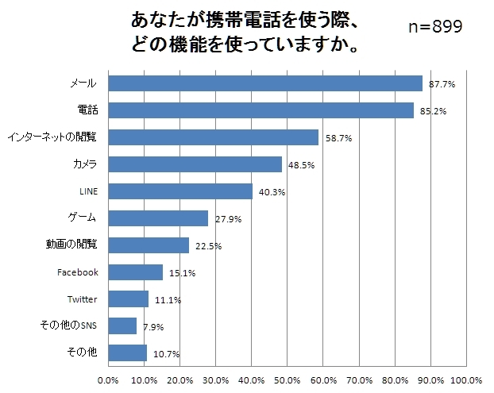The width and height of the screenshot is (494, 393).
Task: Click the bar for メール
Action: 264,83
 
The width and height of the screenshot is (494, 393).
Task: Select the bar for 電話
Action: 261,110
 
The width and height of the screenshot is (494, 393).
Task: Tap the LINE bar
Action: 179,191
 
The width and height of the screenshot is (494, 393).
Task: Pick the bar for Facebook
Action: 135,272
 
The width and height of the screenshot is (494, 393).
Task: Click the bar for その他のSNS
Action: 122,326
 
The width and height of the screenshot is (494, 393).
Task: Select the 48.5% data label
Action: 300,165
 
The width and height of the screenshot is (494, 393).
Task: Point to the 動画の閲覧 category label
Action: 71,245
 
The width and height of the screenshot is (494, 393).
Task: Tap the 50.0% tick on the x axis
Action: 287,380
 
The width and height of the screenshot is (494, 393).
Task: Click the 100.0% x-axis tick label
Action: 466,380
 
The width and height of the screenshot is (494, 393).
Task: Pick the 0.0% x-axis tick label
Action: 107,380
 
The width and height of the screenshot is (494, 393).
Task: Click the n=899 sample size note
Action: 435,27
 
